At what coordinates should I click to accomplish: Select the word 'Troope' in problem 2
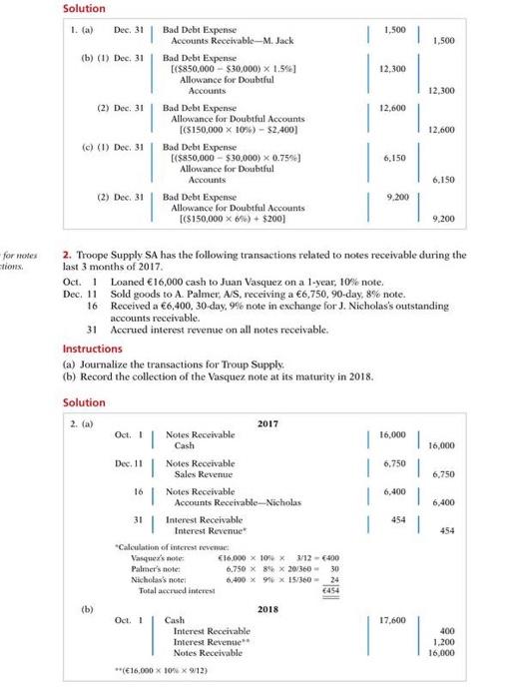(x=95, y=255)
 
